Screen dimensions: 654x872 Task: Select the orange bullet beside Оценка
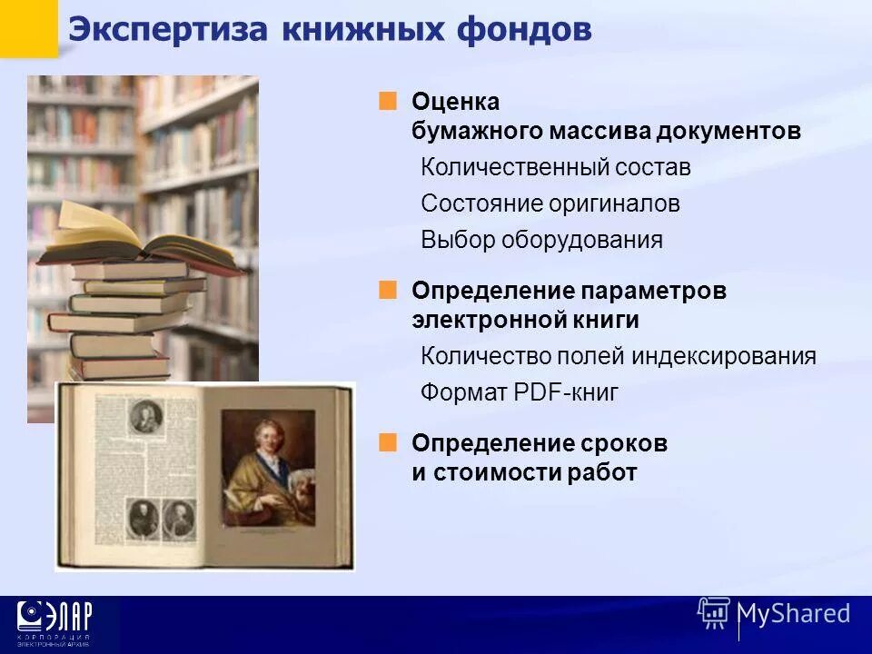[389, 101]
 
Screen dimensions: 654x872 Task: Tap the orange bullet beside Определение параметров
[389, 290]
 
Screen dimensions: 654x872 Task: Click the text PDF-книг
[566, 392]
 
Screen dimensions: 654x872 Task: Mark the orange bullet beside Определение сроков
[389, 442]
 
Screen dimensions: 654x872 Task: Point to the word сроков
[621, 443]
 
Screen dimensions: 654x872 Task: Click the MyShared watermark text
[794, 613]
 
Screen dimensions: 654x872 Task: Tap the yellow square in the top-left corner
[28, 27]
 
